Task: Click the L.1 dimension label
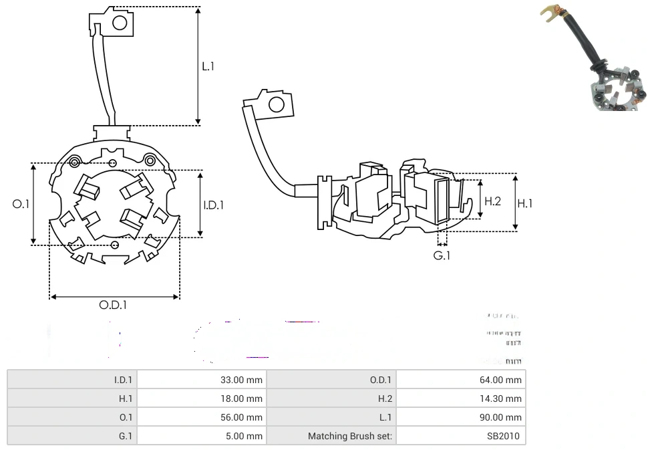coord(208,66)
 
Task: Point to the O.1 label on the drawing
coord(21,204)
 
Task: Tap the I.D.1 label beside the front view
coord(214,205)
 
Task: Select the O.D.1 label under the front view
coord(113,305)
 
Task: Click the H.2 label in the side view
coord(492,201)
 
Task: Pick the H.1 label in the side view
coord(525,203)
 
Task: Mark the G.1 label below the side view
coord(442,255)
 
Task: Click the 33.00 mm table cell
coord(241,380)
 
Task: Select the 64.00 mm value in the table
coord(500,380)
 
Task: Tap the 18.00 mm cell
coord(241,399)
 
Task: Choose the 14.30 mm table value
coord(500,399)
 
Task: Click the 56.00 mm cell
coord(241,417)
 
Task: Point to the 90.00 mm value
coord(500,417)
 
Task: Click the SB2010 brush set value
coord(504,436)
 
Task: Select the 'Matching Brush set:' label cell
coord(350,436)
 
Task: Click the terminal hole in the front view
coord(120,23)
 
